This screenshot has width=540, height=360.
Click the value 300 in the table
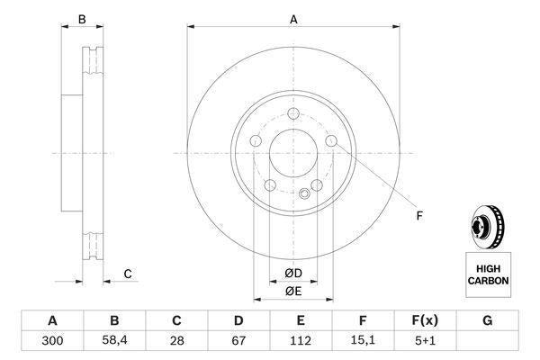coord(51,340)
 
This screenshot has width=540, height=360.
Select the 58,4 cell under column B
coord(114,340)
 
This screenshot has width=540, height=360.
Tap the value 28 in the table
coord(176,340)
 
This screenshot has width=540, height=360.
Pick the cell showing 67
coord(238,340)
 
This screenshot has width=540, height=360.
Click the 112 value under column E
coord(301,340)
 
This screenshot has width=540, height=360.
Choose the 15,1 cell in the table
coord(363,340)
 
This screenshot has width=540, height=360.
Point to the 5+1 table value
coord(425,340)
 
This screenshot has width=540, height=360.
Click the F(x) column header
coord(425,320)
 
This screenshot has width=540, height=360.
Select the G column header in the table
coord(487,320)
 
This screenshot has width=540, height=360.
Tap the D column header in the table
coord(238,320)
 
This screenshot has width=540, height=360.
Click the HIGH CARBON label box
coord(487,274)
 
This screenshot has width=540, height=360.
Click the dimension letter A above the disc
coord(293,18)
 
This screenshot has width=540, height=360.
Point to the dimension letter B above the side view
coord(81,18)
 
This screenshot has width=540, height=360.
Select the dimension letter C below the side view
coord(128,274)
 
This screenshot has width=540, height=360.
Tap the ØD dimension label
coord(293,273)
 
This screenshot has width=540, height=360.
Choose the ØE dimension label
coord(293,291)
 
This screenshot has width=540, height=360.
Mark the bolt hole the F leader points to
coord(332,142)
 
